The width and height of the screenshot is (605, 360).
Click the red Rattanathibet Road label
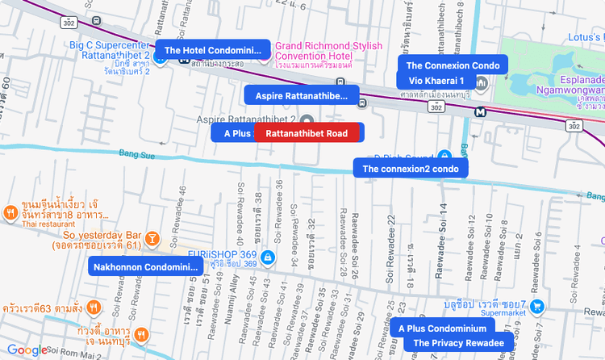tap(307, 133)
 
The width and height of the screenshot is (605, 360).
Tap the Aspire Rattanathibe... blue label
tap(301, 96)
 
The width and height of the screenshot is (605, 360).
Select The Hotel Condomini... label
tap(214, 50)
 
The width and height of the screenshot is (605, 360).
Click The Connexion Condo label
tap(453, 65)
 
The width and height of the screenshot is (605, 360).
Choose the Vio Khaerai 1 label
tap(436, 81)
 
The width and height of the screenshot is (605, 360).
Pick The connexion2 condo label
tap(411, 169)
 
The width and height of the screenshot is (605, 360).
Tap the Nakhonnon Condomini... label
tap(146, 267)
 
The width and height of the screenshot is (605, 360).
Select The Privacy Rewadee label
tap(458, 343)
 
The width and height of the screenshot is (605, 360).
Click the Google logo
tap(27, 350)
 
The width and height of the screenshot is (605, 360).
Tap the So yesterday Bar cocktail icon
tap(152, 238)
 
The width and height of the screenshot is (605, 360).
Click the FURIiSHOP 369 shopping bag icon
tap(269, 257)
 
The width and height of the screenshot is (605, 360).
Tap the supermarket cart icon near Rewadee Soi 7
tap(539, 307)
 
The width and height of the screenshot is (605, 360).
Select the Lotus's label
tap(586, 37)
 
